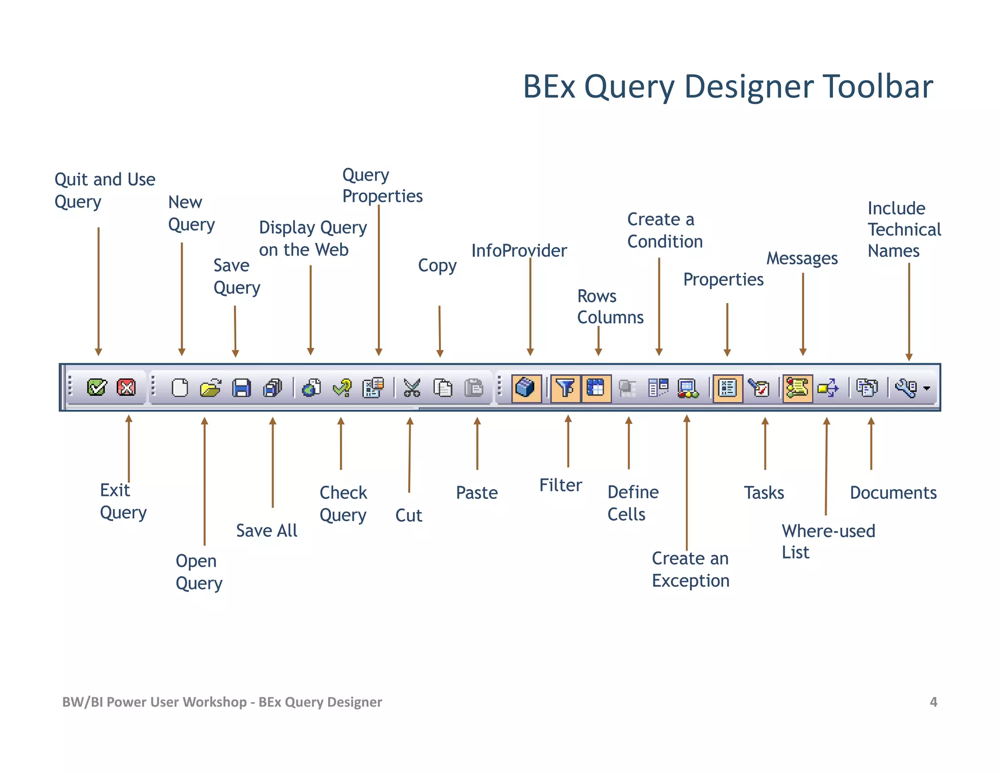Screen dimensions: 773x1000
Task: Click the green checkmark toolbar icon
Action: pos(97,388)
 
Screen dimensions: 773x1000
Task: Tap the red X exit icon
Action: pos(126,388)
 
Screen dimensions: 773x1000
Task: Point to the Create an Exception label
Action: pos(690,569)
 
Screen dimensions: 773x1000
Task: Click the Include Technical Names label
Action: pos(903,230)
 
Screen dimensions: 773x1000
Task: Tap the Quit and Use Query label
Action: pos(104,191)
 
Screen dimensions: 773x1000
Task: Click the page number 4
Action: pos(933,702)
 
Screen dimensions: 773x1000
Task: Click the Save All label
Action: pos(267,531)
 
